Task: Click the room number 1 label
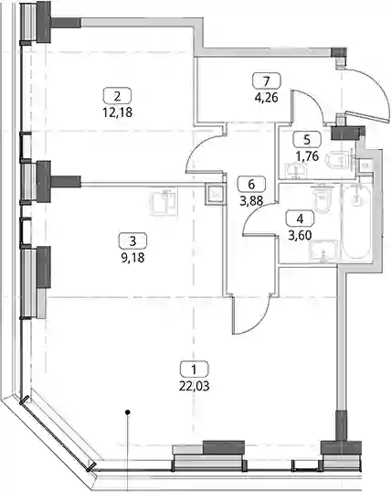coord(194,369)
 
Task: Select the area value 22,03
coord(194,386)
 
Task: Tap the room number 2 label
coord(117,95)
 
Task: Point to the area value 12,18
coord(117,112)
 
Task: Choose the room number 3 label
coord(132,241)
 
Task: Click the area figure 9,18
coord(132,258)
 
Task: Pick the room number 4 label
coord(300,219)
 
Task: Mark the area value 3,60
coord(300,235)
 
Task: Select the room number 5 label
coord(307,139)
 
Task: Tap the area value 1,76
coord(307,156)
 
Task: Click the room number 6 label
coord(251,184)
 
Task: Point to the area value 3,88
coord(251,201)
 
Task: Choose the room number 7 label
coord(267,81)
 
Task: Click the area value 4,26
coord(267,98)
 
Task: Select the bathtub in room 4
coord(356,221)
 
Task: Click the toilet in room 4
coord(322,198)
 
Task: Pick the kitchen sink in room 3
coord(163,202)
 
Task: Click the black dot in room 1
coord(127,412)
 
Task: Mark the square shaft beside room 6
coord(215,195)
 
